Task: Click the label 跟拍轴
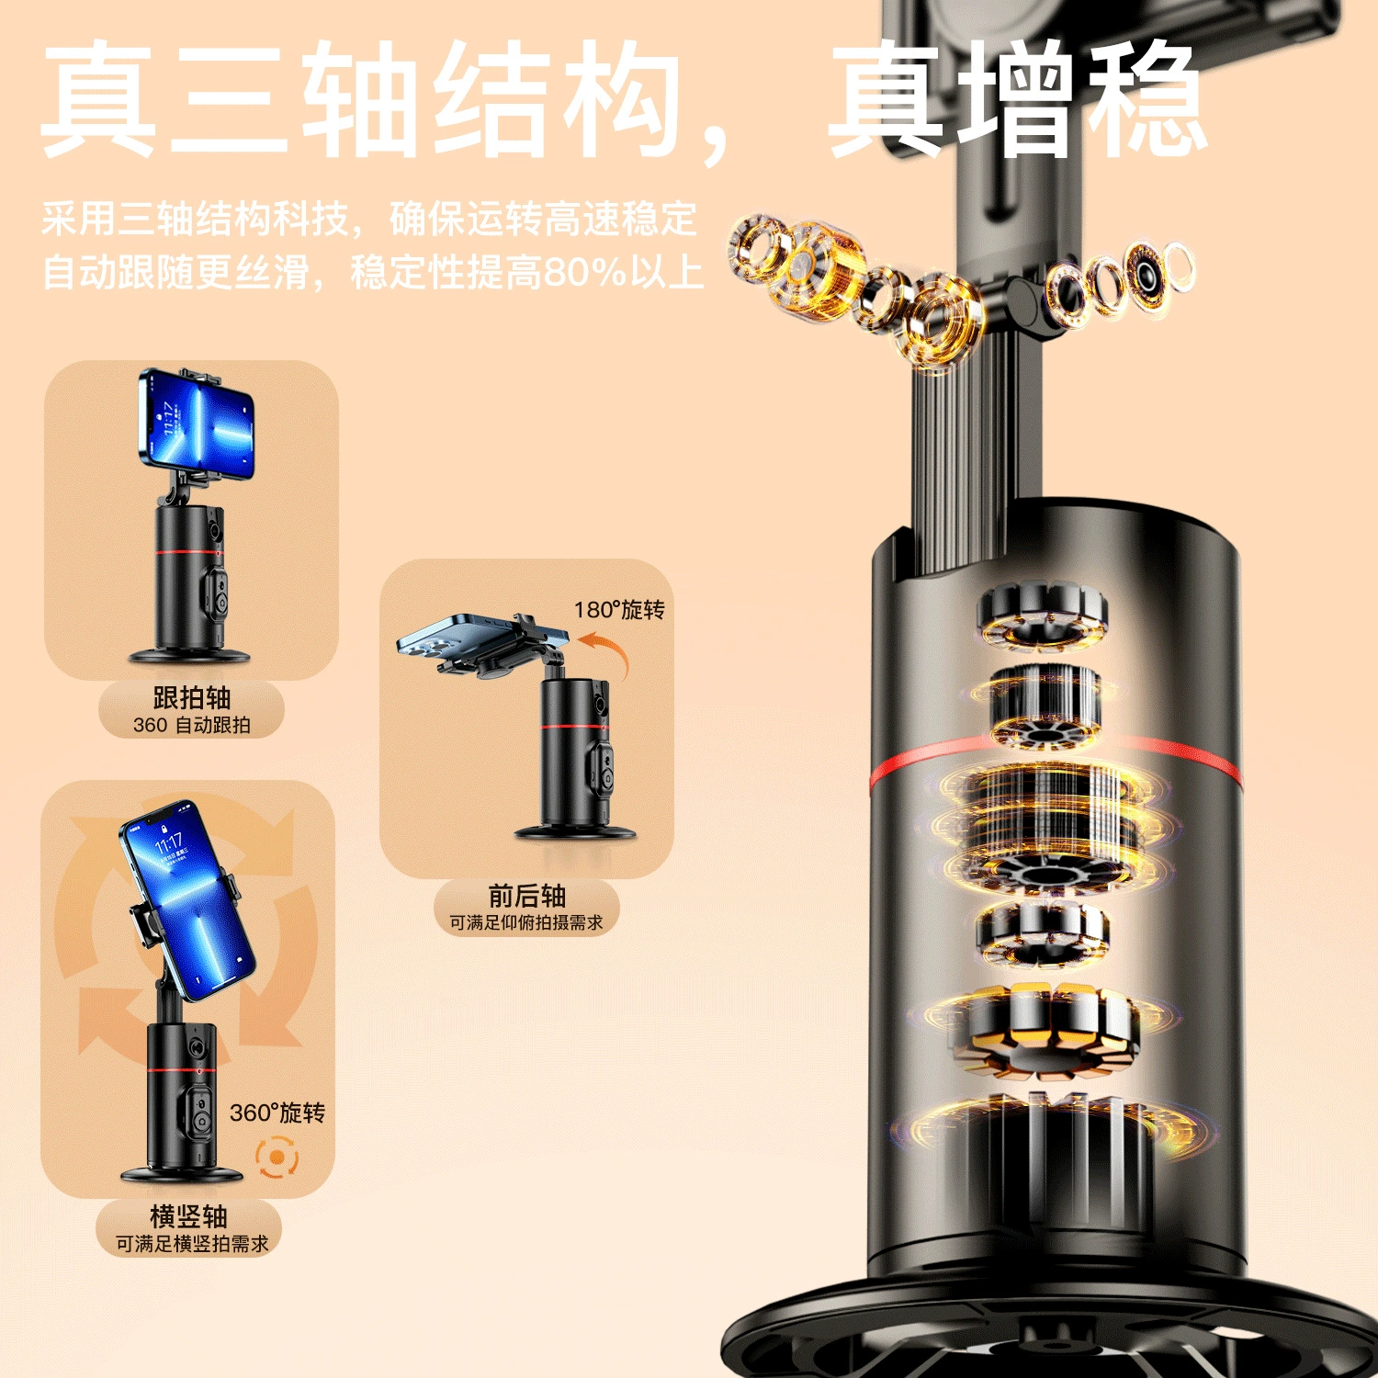coord(191,697)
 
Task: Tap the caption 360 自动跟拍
coord(191,725)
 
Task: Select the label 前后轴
coord(526,896)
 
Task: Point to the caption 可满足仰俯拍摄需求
coord(526,922)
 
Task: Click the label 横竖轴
coord(188,1216)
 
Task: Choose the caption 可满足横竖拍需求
coord(192,1244)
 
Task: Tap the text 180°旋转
coord(619,610)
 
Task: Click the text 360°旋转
coord(277,1113)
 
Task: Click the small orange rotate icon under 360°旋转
coord(277,1158)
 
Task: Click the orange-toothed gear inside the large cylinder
coord(1045,1029)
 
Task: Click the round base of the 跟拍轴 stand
coord(190,655)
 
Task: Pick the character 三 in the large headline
coord(232,99)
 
